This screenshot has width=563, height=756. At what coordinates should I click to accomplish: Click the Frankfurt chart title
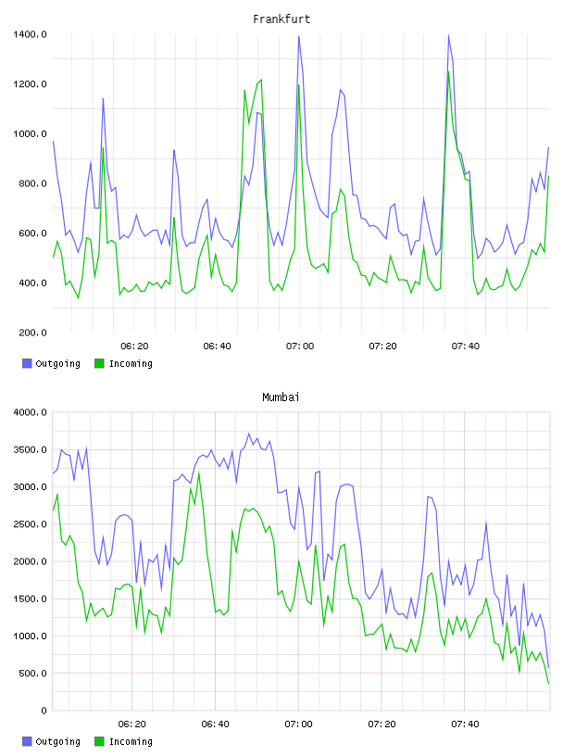point(281,19)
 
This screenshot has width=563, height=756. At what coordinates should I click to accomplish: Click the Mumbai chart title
point(281,397)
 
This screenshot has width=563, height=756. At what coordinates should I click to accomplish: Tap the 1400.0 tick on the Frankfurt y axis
point(30,34)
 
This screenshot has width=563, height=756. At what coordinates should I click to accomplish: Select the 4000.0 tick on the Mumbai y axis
point(30,412)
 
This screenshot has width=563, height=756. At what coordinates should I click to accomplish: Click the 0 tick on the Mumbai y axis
point(44,711)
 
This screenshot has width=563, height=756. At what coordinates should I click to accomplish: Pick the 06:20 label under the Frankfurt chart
point(134,346)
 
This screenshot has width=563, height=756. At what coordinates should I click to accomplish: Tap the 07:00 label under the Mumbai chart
point(298,724)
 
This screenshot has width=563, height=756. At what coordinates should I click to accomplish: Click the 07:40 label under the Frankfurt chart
point(466,346)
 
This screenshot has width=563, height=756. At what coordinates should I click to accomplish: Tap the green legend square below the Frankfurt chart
point(99,363)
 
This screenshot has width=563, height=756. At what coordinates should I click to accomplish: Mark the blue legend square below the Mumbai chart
point(27,741)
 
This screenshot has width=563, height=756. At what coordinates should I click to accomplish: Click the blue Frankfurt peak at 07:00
point(299,37)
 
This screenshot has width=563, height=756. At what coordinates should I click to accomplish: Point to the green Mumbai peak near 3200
point(198,473)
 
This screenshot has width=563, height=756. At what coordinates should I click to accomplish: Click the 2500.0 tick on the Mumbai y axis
point(30,524)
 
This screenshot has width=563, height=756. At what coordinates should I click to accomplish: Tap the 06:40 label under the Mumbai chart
point(216,724)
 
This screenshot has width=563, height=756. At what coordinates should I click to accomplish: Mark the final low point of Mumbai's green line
point(548,683)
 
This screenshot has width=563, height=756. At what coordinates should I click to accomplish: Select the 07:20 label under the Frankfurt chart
point(382,346)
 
